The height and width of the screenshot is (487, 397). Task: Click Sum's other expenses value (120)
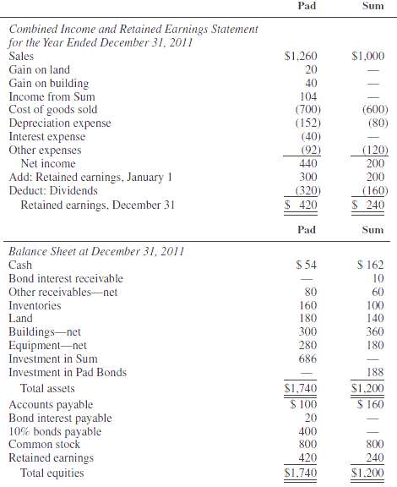(370, 150)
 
